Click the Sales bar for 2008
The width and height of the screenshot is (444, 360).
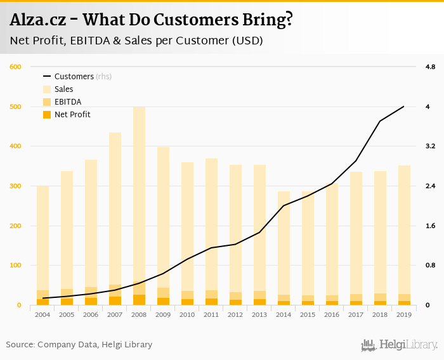(x=139, y=190)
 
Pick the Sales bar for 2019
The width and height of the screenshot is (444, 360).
(x=404, y=228)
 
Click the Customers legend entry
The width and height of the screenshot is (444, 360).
(x=74, y=77)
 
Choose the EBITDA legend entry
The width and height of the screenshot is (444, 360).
(x=67, y=102)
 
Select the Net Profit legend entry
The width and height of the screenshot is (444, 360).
(x=72, y=115)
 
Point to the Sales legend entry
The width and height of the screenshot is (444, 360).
(x=63, y=89)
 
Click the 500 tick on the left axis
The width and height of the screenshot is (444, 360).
(x=16, y=106)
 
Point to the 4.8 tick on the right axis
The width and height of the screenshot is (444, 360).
(x=430, y=67)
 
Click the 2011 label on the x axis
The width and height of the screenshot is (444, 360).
(x=211, y=314)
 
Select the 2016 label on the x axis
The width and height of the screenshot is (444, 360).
(x=332, y=314)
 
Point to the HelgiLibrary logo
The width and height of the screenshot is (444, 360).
(x=400, y=345)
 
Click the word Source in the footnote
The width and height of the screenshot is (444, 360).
(x=20, y=345)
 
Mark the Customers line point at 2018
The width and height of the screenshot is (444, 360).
(x=380, y=121)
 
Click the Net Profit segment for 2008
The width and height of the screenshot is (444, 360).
(x=139, y=300)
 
